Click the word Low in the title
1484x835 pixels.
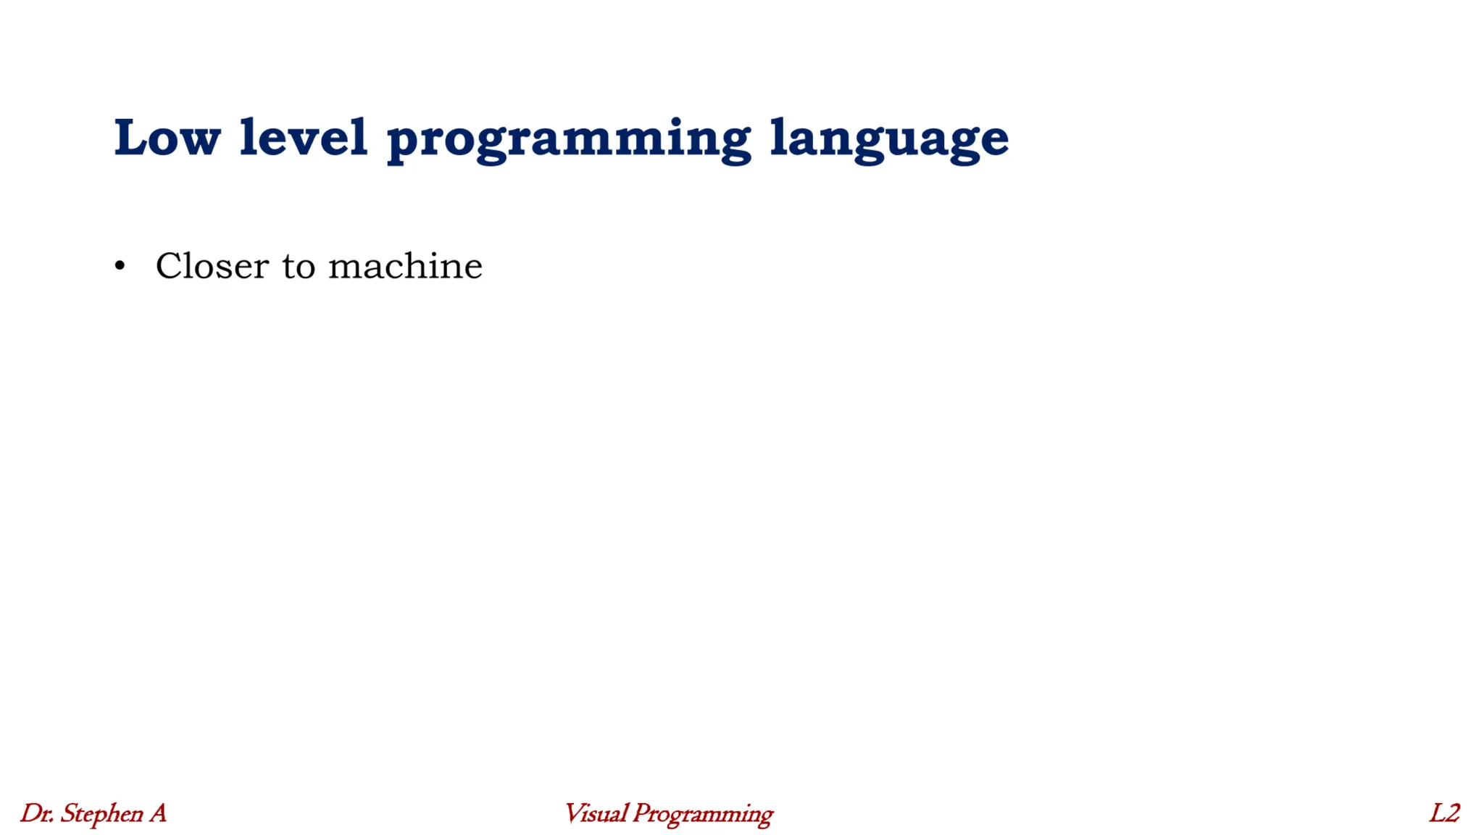[x=167, y=138]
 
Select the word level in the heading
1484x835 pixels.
[x=303, y=138]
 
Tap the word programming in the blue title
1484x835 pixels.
[x=569, y=140]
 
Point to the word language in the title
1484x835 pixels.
[x=889, y=140]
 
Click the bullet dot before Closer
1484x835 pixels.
[x=120, y=267]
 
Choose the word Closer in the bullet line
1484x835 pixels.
[x=212, y=266]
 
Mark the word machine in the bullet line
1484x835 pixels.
[x=405, y=266]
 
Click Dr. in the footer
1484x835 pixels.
[x=36, y=813]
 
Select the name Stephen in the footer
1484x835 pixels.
[x=101, y=814]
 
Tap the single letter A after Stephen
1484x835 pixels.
[x=158, y=813]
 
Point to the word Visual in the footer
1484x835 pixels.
[x=595, y=813]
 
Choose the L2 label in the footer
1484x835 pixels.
[x=1444, y=813]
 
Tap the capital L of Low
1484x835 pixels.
[x=131, y=138]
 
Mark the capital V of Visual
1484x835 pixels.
[x=575, y=813]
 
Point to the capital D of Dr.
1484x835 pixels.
[x=31, y=813]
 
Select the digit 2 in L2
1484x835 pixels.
[x=1452, y=813]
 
